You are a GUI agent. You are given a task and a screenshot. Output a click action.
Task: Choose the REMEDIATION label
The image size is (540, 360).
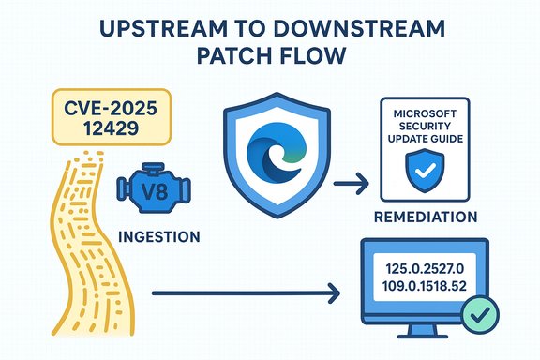click(426, 217)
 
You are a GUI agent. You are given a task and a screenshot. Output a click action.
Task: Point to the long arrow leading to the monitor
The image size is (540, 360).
click(244, 300)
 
